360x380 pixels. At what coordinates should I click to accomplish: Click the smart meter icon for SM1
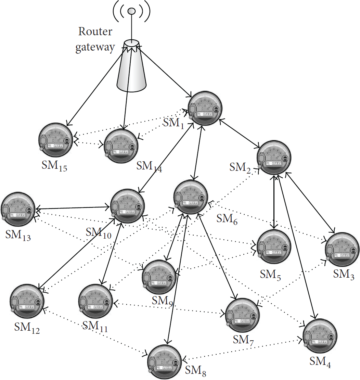pyautogui.click(x=205, y=108)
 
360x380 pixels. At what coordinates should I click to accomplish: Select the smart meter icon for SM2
pyautogui.click(x=274, y=157)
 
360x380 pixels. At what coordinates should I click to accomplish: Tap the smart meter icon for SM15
pyautogui.click(x=55, y=140)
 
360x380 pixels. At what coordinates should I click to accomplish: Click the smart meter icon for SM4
pyautogui.click(x=320, y=336)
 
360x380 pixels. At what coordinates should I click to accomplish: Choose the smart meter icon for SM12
pyautogui.click(x=27, y=301)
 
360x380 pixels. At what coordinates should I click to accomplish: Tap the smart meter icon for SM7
pyautogui.click(x=242, y=315)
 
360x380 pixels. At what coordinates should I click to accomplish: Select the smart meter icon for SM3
pyautogui.click(x=342, y=250)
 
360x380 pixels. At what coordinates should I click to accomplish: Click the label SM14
pyautogui.click(x=149, y=167)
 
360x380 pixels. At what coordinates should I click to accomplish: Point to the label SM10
pyautogui.click(x=99, y=233)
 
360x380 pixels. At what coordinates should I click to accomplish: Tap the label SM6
pyautogui.click(x=227, y=219)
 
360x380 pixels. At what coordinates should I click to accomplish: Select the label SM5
pyautogui.click(x=270, y=275)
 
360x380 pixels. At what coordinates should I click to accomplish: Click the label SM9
pyautogui.click(x=162, y=301)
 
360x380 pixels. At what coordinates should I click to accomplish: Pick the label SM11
pyautogui.click(x=95, y=326)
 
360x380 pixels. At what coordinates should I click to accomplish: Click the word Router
pyautogui.click(x=95, y=32)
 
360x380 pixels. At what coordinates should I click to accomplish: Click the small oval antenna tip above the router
pyautogui.click(x=131, y=11)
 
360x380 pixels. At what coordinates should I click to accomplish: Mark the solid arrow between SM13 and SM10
pyautogui.click(x=73, y=208)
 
